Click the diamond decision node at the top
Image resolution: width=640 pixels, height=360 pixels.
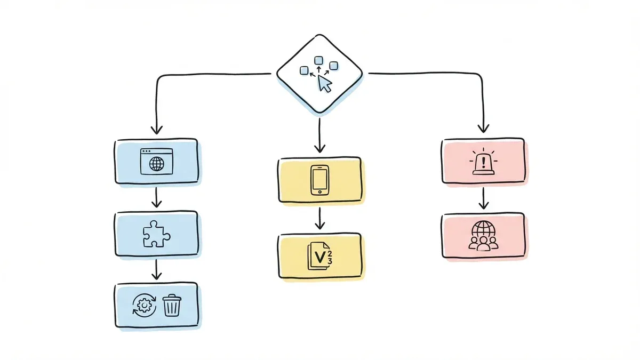pos(319,73)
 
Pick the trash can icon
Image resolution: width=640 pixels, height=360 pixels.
pos(171,306)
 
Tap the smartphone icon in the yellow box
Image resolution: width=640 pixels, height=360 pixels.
pos(319,180)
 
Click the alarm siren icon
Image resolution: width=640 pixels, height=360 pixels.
pos(483,162)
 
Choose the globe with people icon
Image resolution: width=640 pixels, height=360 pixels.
pos(483,235)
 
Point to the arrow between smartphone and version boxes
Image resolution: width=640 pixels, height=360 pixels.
pos(319,218)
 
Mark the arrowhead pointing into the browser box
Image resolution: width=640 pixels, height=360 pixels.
pos(156,130)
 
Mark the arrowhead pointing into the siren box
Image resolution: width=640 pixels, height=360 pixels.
pos(483,128)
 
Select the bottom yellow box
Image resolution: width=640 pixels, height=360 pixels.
pos(320,256)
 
